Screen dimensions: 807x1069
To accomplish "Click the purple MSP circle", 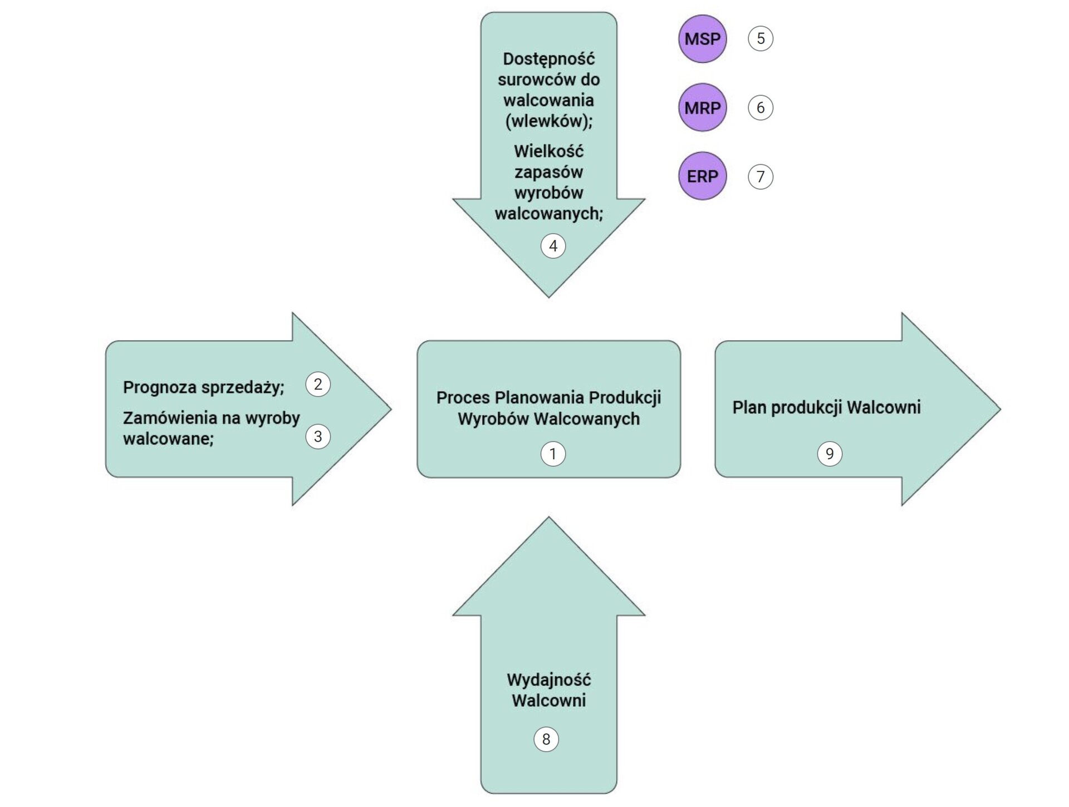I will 702,39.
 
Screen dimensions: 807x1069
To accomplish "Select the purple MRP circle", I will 702,107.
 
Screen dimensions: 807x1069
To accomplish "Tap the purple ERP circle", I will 702,176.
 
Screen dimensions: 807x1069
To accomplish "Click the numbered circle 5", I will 761,38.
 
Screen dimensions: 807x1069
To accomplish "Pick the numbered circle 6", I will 761,107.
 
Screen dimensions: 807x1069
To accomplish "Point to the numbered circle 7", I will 761,176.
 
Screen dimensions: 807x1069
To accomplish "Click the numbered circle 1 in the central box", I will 553,454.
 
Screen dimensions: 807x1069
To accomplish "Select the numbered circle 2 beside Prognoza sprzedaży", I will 318,384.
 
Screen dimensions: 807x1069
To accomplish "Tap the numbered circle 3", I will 318,436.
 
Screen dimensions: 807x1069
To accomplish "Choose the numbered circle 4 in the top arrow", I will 553,245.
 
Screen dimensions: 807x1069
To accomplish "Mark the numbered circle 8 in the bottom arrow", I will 546,739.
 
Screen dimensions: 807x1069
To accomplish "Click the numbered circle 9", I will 830,454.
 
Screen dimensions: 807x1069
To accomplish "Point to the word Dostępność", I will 548,59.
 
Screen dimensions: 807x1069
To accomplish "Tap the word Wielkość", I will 548,151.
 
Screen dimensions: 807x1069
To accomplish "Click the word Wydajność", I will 548,680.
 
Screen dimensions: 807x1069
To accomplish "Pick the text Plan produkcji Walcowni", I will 826,407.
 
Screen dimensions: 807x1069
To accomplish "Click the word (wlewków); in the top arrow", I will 548,121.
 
